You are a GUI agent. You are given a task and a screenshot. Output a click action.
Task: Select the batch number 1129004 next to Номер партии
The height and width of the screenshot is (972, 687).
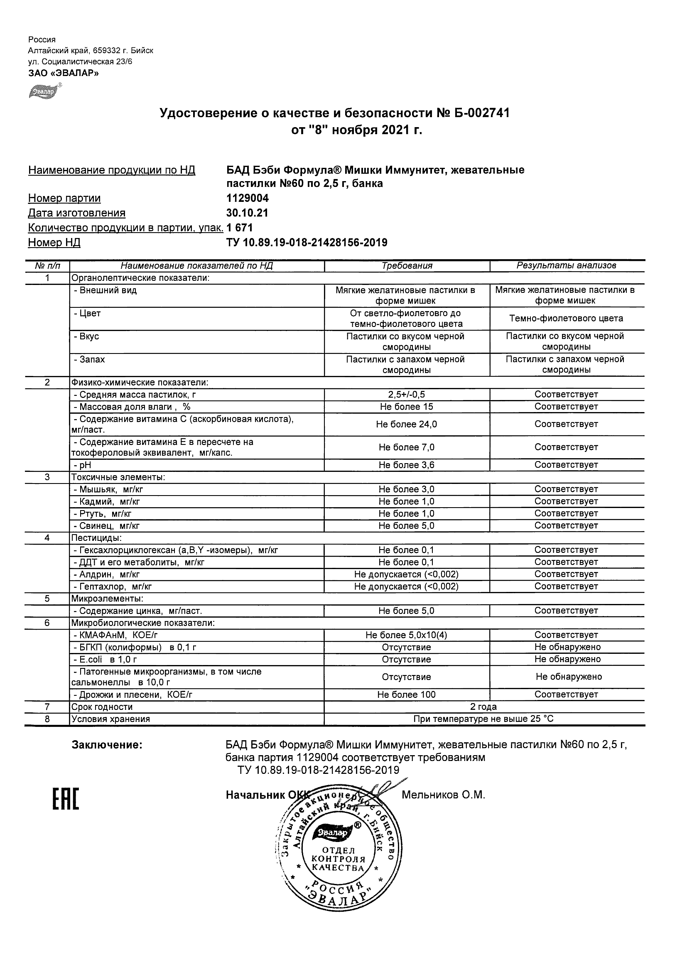248,198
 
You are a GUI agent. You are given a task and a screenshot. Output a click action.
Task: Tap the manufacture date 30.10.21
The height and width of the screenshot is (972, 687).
247,213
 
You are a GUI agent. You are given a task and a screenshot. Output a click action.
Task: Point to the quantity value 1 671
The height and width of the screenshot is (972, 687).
240,228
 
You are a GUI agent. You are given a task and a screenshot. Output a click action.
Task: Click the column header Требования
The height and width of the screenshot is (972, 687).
407,266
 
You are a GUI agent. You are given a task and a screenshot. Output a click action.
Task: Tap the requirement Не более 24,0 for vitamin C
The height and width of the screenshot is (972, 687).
407,424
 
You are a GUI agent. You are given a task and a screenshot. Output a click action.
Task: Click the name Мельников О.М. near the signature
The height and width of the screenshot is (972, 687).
443,795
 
